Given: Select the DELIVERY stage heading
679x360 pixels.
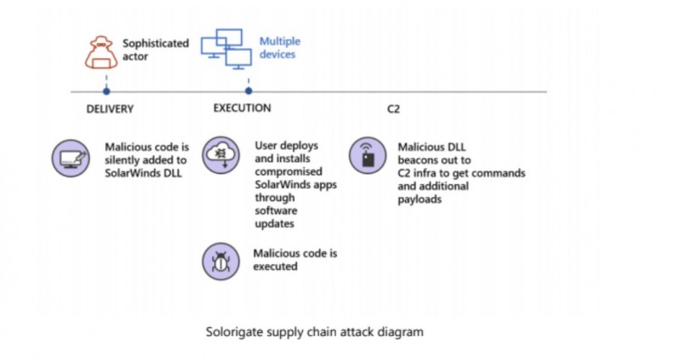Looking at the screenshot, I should coord(110,110).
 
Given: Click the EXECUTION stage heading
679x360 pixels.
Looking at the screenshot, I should coord(242,108).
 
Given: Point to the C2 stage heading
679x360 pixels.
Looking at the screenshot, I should coord(393,110).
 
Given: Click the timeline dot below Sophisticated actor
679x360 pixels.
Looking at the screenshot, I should coord(106,90).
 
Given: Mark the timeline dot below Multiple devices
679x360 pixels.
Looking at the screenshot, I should coord(248,90).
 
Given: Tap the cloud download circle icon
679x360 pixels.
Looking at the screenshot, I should coord(221,157).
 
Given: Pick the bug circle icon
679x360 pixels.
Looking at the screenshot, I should coord(221,261).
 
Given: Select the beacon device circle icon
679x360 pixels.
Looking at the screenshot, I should coord(368,157).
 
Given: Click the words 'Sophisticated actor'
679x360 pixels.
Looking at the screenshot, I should coord(155,49).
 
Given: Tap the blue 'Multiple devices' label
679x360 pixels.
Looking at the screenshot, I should coord(279,48).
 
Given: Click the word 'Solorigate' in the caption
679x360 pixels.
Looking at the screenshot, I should coord(236,332).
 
